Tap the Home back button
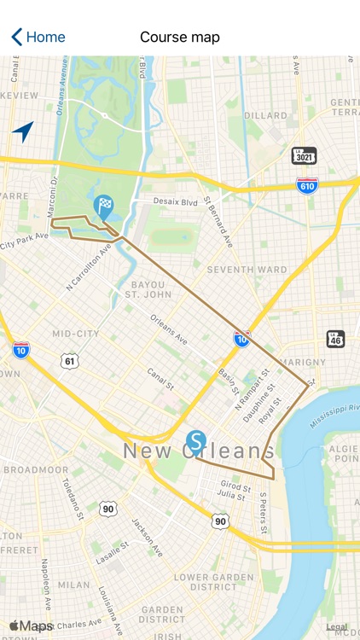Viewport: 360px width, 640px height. (x=38, y=37)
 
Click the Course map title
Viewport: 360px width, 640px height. (x=180, y=37)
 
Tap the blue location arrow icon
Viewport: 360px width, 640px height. (x=23, y=131)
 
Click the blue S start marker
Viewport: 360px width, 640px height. (x=196, y=442)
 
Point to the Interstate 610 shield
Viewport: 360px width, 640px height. (x=307, y=184)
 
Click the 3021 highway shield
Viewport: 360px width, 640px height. (x=304, y=155)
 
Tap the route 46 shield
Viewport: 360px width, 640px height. (x=336, y=339)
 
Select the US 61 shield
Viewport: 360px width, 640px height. (x=70, y=361)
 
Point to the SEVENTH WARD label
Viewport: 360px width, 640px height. (x=234, y=270)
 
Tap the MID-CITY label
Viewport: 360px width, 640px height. (x=75, y=334)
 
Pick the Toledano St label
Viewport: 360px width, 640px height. (x=72, y=498)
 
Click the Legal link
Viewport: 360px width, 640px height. (x=337, y=627)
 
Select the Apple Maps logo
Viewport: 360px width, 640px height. (x=31, y=626)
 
